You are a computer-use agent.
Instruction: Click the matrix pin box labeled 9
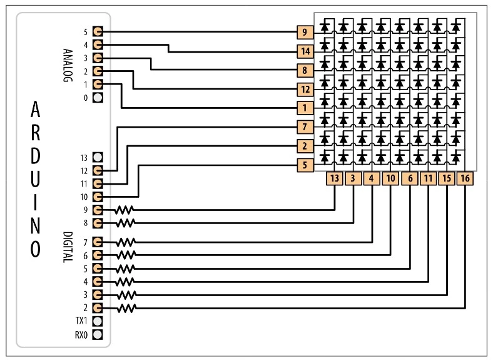pos(304,32)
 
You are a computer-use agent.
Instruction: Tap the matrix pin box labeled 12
pos(304,89)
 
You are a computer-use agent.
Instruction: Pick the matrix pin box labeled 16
pos(465,178)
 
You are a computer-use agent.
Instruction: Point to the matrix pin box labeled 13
pos(335,178)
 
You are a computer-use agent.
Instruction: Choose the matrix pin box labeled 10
pos(390,178)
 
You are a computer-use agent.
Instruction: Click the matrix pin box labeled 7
pos(304,127)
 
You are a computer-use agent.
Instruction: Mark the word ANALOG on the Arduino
pos(68,64)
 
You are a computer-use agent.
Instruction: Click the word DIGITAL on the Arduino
pos(68,247)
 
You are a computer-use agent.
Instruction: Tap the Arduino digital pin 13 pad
pos(97,157)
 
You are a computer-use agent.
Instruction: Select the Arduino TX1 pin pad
pos(97,321)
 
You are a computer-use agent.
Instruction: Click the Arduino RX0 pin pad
pos(97,334)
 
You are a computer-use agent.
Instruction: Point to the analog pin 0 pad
pos(97,98)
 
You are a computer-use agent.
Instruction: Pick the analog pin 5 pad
pos(97,32)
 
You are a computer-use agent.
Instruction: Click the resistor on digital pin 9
pos(125,210)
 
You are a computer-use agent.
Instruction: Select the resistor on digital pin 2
pos(126,308)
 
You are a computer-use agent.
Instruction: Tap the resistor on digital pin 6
pos(126,255)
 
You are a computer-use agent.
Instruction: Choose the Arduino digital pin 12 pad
pos(97,170)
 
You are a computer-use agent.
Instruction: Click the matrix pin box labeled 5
pos(304,165)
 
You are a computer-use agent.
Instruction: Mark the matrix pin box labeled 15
pos(447,178)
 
